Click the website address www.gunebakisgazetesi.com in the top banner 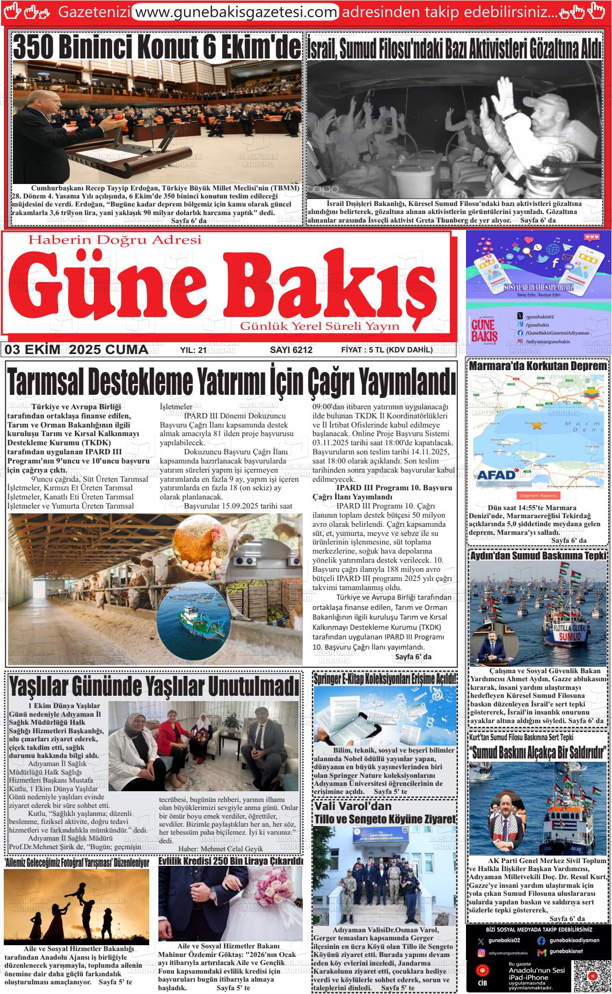pos(235,12)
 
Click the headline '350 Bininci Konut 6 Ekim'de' pos(156,47)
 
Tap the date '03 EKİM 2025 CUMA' pos(77,350)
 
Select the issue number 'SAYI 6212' pos(291,350)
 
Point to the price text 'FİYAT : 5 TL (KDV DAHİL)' pos(387,350)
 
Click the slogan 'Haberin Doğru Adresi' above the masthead pos(115,239)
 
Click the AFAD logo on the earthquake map pos(496,474)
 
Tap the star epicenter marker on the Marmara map pos(536,425)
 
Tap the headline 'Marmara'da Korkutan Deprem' pos(538,366)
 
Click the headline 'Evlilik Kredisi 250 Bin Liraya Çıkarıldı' pos(231,861)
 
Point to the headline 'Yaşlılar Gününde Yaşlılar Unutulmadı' pos(154,686)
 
